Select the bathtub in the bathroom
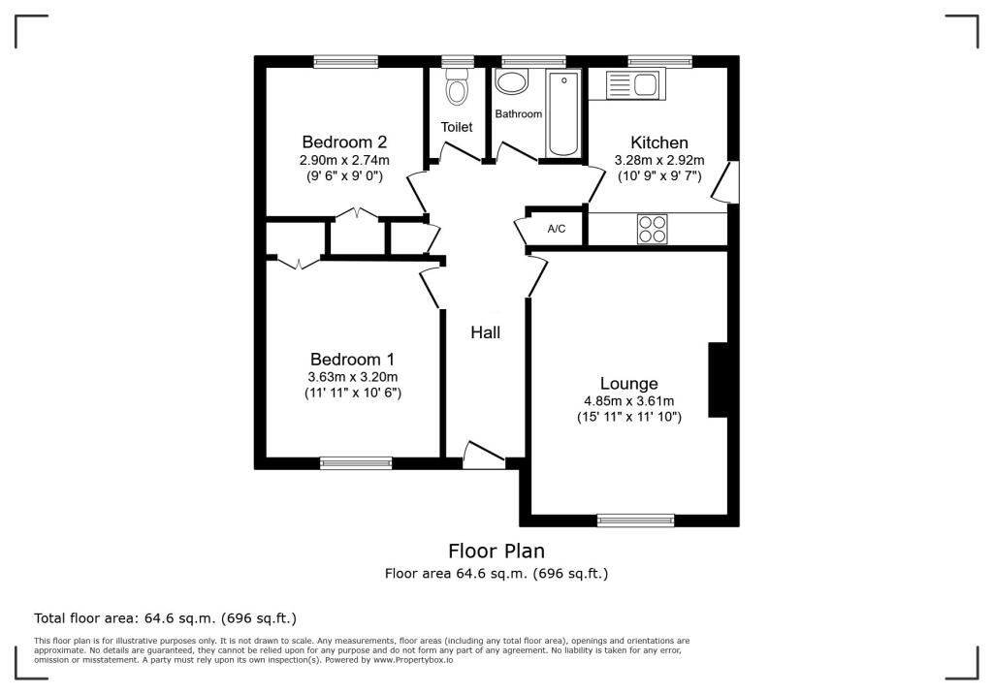click(x=562, y=113)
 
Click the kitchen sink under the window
click(x=631, y=86)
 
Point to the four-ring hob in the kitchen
click(x=652, y=229)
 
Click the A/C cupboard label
click(x=557, y=230)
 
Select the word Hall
click(x=485, y=332)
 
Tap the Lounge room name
click(x=628, y=384)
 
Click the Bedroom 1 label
click(x=353, y=359)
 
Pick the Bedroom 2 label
click(x=344, y=142)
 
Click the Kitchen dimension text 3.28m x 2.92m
click(x=658, y=161)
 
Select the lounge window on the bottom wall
click(x=635, y=520)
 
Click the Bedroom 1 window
click(x=356, y=463)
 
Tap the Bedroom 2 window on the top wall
click(x=345, y=61)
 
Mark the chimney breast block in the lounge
click(x=719, y=379)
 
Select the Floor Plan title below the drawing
click(x=496, y=552)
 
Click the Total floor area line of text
click(x=165, y=617)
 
